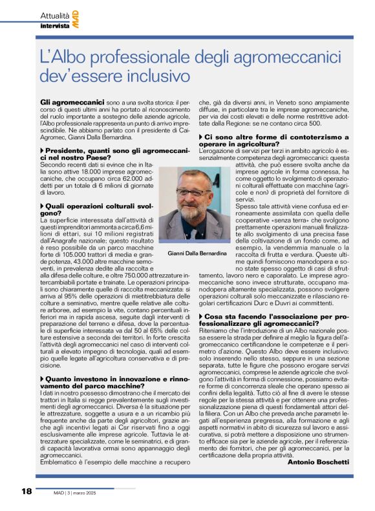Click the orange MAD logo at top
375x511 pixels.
coord(77,19)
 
